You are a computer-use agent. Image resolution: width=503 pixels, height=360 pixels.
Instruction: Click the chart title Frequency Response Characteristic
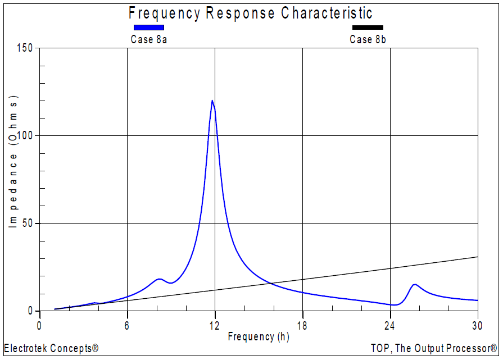[x=251, y=13]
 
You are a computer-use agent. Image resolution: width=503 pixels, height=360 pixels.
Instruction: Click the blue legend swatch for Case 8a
[x=148, y=28]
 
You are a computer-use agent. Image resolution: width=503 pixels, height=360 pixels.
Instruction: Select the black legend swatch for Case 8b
[x=368, y=28]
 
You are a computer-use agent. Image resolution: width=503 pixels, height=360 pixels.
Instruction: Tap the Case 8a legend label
[x=148, y=39]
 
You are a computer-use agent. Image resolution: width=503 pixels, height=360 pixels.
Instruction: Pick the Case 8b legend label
[x=368, y=39]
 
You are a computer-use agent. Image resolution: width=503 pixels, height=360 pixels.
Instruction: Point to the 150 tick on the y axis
[x=25, y=48]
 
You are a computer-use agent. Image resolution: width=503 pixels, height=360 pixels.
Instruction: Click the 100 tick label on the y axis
[x=25, y=136]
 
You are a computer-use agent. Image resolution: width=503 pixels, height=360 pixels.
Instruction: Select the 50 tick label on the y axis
[x=28, y=224]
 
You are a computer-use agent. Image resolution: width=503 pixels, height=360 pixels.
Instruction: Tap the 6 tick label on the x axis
[x=127, y=325]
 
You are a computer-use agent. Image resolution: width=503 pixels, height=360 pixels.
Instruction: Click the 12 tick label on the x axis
[x=215, y=325]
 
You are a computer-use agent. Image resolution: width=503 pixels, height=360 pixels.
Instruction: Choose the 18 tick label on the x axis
[x=302, y=325]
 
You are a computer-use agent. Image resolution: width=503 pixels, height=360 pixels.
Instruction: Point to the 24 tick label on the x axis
[x=390, y=325]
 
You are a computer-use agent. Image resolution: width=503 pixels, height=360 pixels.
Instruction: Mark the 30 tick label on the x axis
[x=478, y=325]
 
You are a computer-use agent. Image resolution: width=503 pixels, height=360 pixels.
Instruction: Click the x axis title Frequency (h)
[x=259, y=336]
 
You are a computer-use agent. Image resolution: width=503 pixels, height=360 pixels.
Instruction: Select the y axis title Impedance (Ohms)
[x=13, y=163]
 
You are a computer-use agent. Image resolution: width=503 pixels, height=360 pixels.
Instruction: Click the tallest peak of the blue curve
[x=212, y=101]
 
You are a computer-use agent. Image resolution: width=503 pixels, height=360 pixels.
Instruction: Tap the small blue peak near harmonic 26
[x=415, y=285]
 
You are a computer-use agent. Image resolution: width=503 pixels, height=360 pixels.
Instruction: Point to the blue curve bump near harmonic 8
[x=160, y=279]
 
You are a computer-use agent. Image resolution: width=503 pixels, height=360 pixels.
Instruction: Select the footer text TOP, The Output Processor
[x=434, y=348]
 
